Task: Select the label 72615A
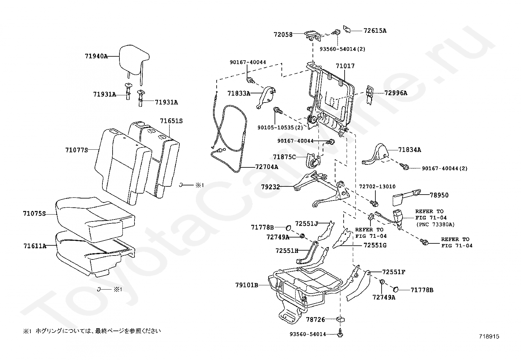click(x=375, y=30)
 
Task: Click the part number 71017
click(x=345, y=66)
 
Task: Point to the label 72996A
click(x=396, y=93)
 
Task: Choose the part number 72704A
click(x=267, y=167)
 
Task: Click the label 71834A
click(x=409, y=150)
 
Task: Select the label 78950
click(x=439, y=195)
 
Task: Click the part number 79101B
click(x=246, y=285)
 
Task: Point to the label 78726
click(x=315, y=319)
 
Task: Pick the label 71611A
click(x=35, y=246)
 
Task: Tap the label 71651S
click(x=171, y=121)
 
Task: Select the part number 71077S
click(x=77, y=150)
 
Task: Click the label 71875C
click(x=284, y=157)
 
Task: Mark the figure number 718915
click(x=490, y=336)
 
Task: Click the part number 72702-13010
click(x=377, y=186)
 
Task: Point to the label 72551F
click(x=394, y=272)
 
